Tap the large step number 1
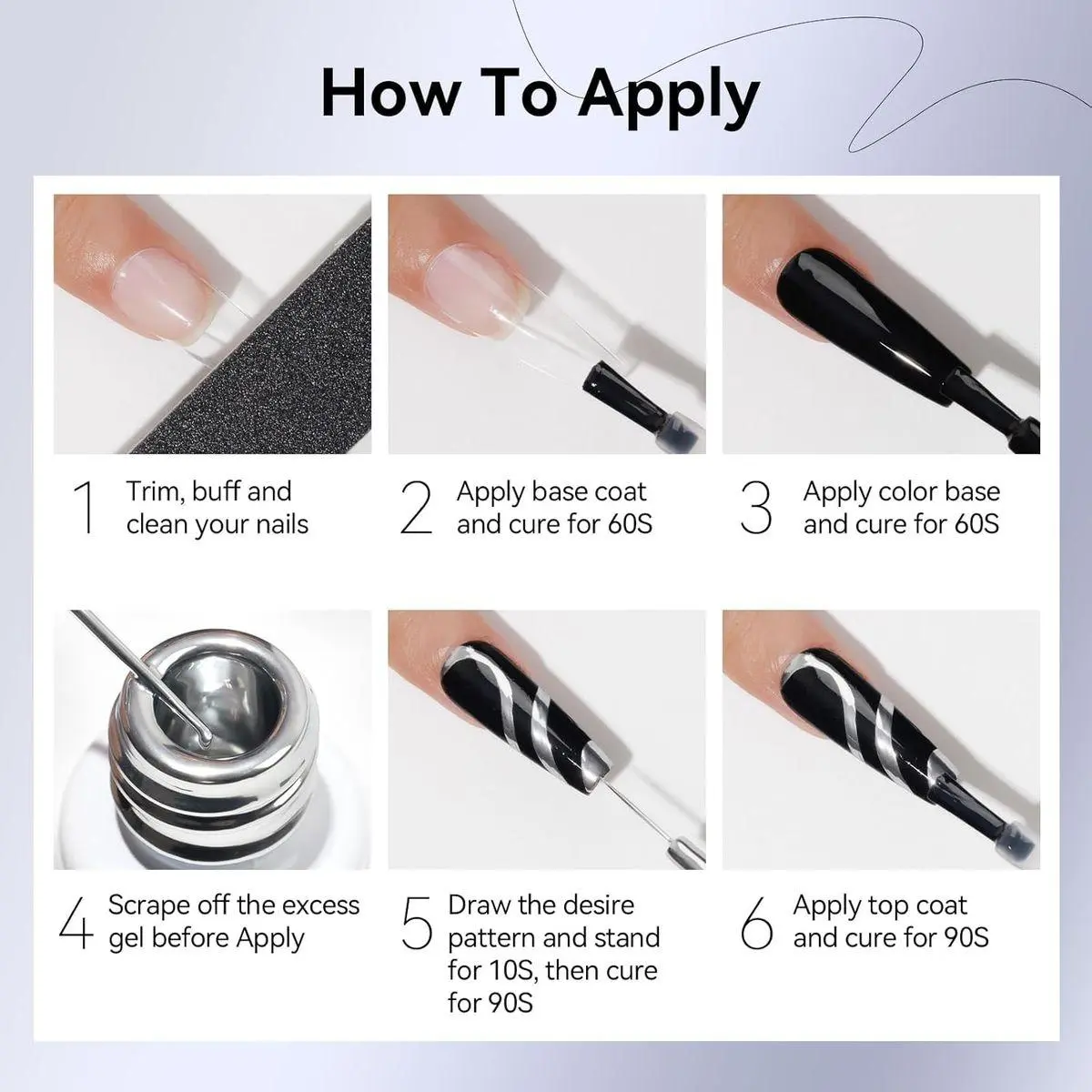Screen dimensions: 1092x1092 click(85, 507)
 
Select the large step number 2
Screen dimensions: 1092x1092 click(416, 507)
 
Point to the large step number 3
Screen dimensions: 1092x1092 click(756, 507)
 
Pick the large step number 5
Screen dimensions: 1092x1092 click(417, 923)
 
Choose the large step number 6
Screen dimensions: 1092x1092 click(756, 923)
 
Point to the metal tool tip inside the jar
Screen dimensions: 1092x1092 click(204, 736)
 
